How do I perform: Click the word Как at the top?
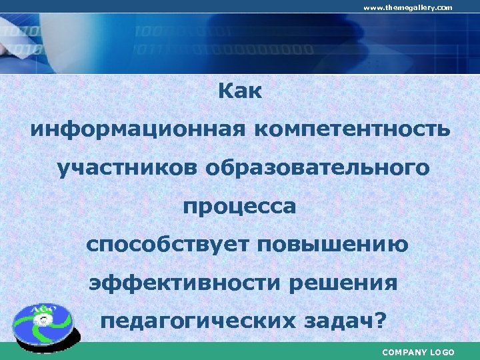[240, 92]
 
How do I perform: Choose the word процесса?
[240, 207]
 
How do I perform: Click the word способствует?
[172, 245]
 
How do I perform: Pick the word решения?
[344, 283]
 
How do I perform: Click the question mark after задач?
[380, 321]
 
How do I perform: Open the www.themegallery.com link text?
[407, 7]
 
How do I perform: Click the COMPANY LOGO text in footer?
[418, 352]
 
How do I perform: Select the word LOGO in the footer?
[442, 352]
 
